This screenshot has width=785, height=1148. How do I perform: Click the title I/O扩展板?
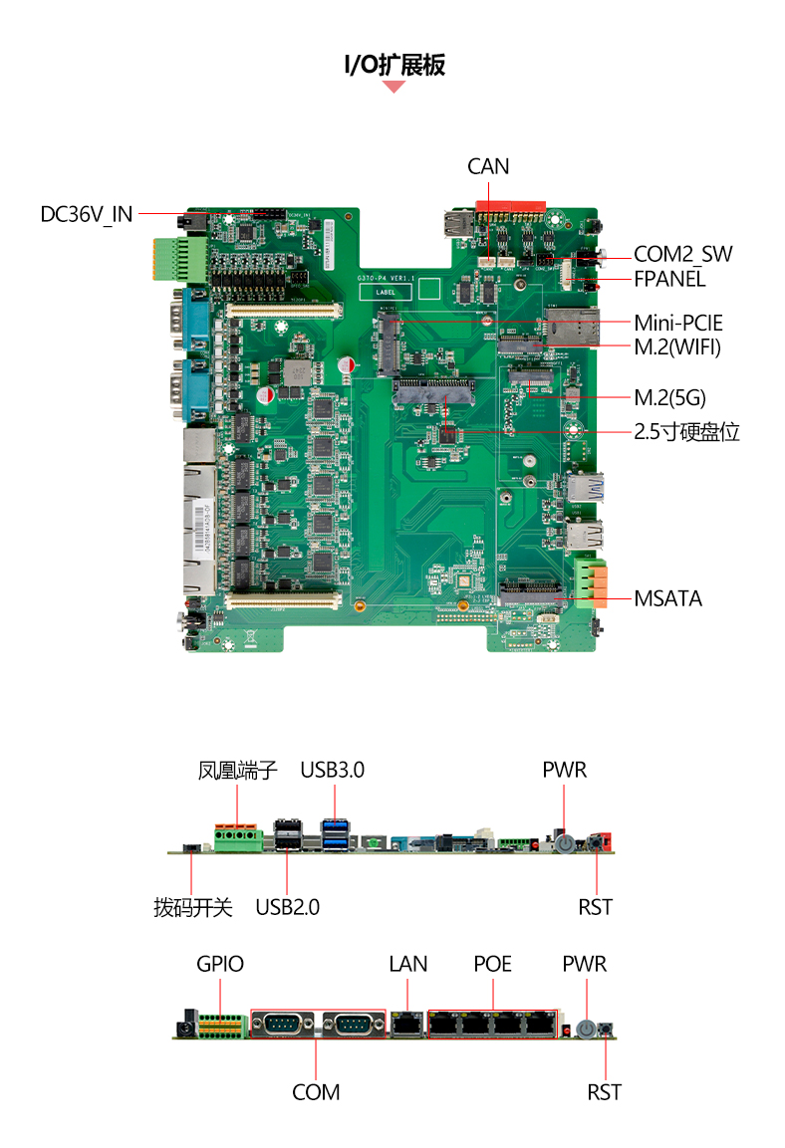pos(393,65)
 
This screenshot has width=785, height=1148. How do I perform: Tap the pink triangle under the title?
pos(393,87)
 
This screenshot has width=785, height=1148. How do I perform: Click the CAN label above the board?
pos(488,167)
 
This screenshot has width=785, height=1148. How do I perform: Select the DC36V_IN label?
pos(87,214)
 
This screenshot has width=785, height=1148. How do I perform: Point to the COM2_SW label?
pos(682,254)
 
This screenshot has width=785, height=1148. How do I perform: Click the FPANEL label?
pos(669,279)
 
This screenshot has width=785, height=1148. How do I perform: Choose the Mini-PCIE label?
pos(678,323)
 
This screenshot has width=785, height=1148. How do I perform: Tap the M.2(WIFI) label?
pos(677,347)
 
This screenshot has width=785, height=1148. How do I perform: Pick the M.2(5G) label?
pos(670,398)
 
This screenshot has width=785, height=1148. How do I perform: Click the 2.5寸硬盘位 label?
pos(687,432)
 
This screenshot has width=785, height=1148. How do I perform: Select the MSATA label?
pos(667,599)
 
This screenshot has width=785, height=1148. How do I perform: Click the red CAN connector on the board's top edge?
pos(510,209)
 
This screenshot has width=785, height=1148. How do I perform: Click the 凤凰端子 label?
pos(237,771)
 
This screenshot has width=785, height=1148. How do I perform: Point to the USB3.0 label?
pos(333,771)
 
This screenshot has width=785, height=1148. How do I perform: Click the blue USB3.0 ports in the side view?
pos(335,835)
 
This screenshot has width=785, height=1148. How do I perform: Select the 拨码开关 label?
pos(192,908)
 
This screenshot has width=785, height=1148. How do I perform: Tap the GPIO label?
pos(220,964)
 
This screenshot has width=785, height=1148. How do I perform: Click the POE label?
pos(493,964)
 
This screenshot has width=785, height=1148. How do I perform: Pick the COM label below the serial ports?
pos(316,1092)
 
